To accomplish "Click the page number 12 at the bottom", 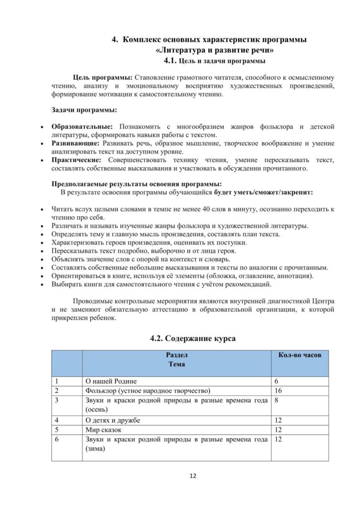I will coord(193,476).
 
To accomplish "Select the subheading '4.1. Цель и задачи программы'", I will coord(214,61).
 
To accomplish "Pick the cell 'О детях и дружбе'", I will coord(113,420).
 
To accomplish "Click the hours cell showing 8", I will coord(276,400).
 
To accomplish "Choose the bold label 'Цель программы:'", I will coord(102,78).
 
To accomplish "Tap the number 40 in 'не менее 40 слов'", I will coord(207,209).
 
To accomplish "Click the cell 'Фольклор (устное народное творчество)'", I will coord(148,390).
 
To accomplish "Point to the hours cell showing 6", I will coord(276,381).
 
